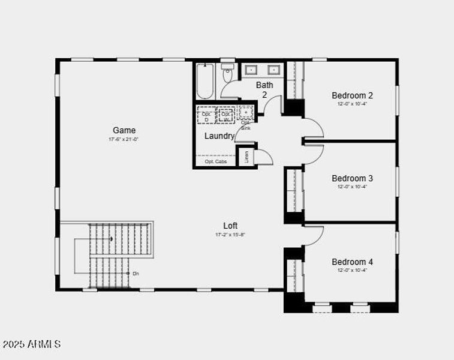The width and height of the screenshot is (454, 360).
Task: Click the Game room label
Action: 124,130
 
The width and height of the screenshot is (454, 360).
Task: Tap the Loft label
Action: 230,226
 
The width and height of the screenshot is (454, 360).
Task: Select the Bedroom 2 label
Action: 353,95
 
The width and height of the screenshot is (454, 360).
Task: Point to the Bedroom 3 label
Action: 353,178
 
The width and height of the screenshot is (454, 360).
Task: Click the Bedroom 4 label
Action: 353,262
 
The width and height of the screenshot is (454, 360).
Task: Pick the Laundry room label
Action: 219,136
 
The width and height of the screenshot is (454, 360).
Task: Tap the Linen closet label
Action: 246,156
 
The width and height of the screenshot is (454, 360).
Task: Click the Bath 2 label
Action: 264,89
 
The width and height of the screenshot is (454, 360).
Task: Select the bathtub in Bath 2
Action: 205,81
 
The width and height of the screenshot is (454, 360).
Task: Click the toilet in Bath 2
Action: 228,74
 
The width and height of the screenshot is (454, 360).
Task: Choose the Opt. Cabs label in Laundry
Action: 215,161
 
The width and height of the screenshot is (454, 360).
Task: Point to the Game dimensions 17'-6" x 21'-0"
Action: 124,139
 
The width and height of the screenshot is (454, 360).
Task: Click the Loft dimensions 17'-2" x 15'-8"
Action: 230,234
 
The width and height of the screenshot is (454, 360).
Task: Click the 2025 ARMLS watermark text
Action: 31,344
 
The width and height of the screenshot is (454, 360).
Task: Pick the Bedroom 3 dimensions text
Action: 353,187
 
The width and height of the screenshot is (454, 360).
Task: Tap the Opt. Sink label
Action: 246,125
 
